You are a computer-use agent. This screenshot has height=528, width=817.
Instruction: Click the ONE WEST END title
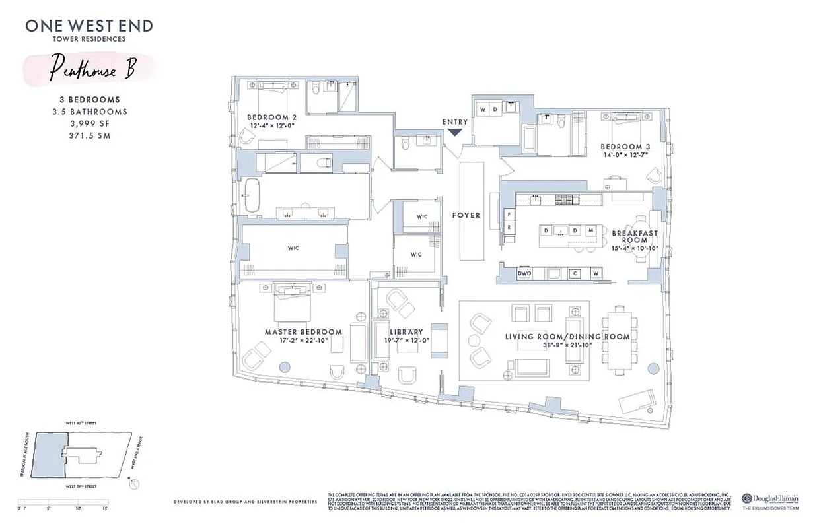(89, 26)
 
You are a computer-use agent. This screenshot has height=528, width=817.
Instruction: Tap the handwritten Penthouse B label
(92, 70)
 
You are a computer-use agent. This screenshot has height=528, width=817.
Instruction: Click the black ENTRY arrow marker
(455, 131)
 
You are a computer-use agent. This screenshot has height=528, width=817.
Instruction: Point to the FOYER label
(466, 215)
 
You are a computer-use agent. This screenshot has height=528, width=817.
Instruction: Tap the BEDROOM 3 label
(621, 146)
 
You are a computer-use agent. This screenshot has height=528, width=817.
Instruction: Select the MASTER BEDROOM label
(303, 331)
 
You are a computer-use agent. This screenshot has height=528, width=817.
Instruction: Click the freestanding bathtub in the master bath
(252, 196)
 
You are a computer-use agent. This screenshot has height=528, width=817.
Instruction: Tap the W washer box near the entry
(483, 109)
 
